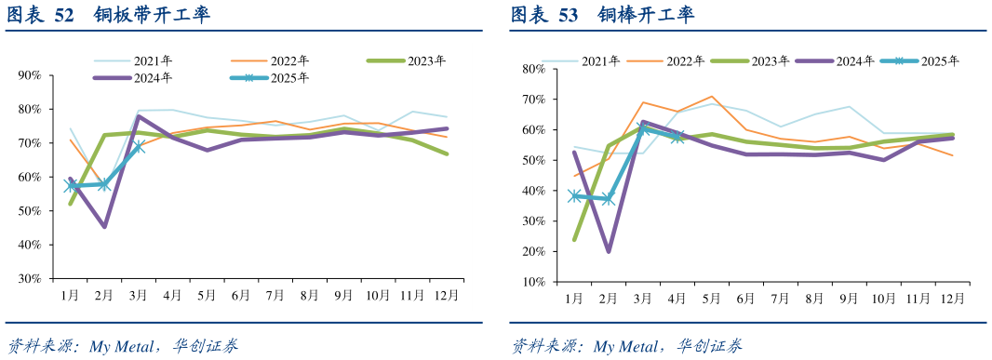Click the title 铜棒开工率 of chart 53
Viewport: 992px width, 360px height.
coord(646,15)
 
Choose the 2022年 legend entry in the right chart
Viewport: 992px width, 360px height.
coord(685,61)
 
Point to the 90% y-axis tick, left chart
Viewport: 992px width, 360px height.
coord(29,75)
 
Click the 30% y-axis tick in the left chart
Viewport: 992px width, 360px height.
coord(29,278)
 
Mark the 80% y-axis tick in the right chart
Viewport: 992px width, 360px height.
coord(532,69)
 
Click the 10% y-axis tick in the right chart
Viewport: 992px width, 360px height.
coord(532,282)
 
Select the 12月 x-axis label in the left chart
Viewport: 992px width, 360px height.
coord(447,296)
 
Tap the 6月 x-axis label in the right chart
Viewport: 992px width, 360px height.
coord(745,300)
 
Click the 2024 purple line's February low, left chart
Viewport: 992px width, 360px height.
coord(104,226)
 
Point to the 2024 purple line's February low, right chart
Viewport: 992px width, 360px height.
coord(609,251)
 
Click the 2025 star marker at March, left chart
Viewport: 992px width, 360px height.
coord(139,146)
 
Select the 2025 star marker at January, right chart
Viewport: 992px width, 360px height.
coord(575,195)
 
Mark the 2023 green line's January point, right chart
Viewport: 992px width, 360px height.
coord(575,239)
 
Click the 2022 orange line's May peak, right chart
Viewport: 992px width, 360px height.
coord(712,97)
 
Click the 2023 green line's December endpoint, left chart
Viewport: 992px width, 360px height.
coord(447,153)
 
